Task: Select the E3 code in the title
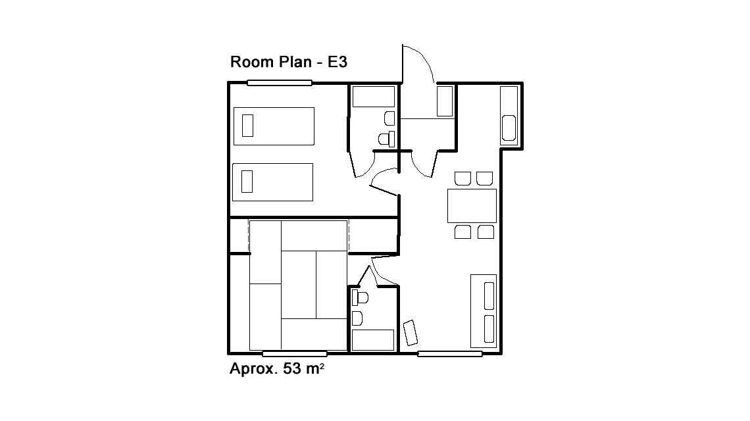point(337,62)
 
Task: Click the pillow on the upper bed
point(248,126)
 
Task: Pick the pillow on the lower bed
point(247,182)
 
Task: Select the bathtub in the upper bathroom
point(374,96)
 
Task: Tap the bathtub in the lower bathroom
point(373,340)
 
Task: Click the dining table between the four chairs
point(472,206)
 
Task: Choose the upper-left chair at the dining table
point(463,178)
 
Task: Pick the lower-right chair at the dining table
point(486,232)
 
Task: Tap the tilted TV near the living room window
point(411,332)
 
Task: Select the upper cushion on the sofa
point(489,296)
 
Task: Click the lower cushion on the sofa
point(489,329)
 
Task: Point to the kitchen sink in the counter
point(509,128)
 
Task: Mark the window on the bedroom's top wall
point(280,83)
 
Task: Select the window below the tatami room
point(295,354)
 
